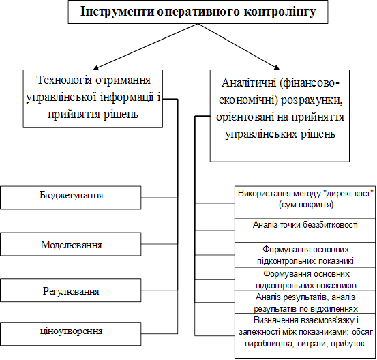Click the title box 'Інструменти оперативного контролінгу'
[198, 12]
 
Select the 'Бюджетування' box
[71, 198]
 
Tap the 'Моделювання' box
[71, 244]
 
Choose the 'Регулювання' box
[71, 290]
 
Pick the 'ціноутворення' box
[71, 334]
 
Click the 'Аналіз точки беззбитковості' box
[305, 230]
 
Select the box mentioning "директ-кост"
[305, 202]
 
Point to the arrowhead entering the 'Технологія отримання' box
[96, 67]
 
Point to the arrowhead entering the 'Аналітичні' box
[277, 67]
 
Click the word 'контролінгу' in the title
[280, 12]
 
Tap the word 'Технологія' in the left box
[63, 80]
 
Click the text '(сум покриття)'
[306, 205]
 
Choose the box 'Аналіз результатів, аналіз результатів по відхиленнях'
[305, 302]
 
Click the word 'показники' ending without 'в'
[337, 261]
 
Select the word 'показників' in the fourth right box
[338, 286]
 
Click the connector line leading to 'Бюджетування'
[160, 198]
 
